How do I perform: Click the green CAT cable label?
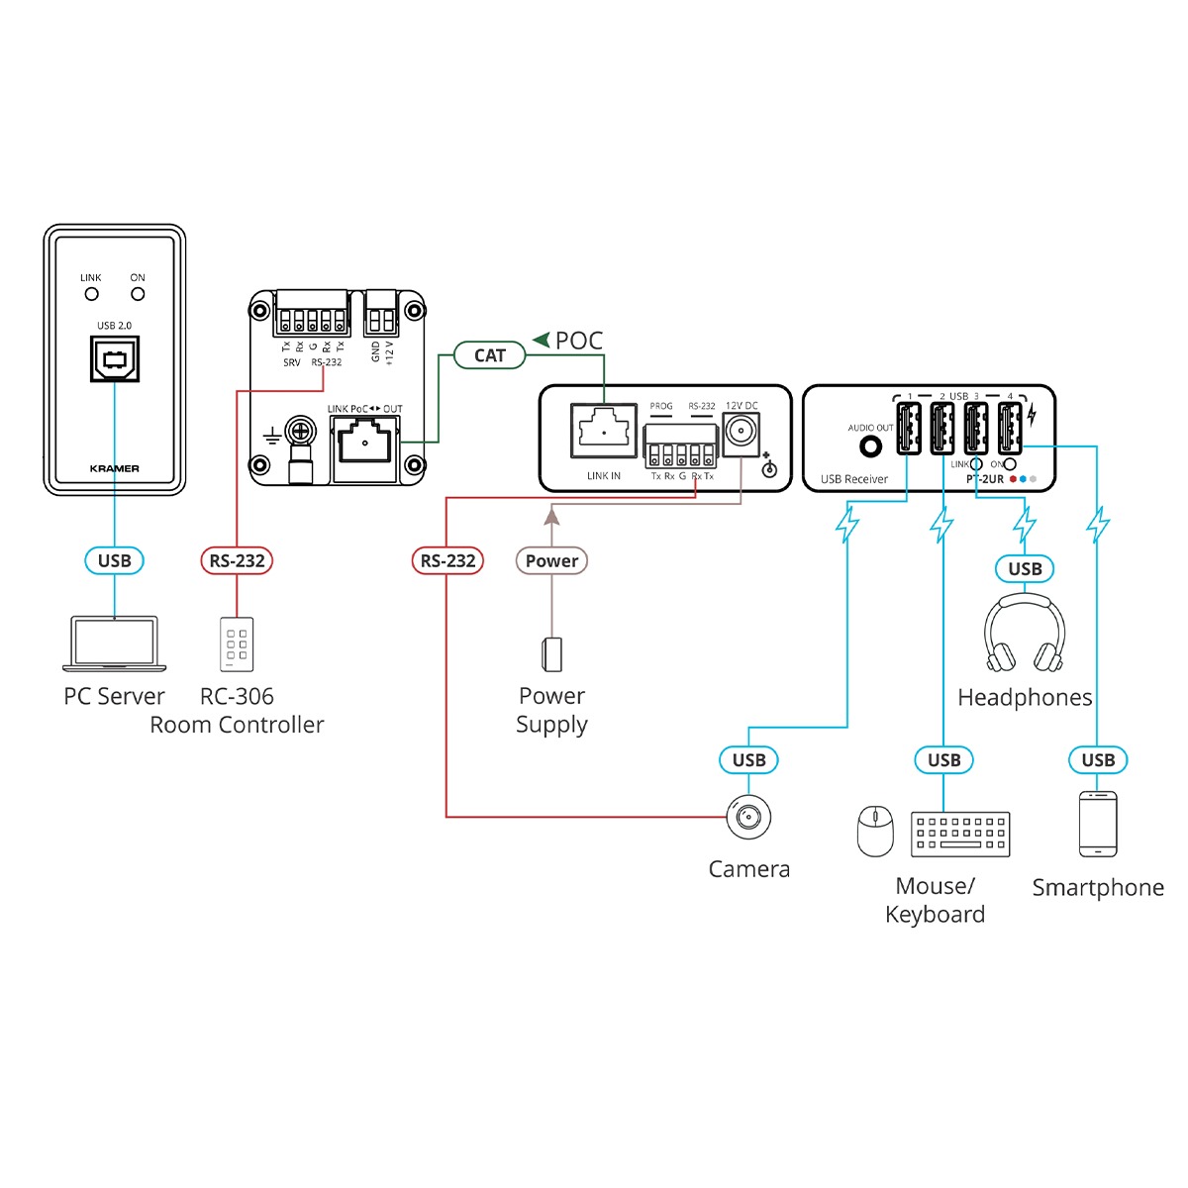click(489, 355)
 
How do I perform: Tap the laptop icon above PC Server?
click(115, 644)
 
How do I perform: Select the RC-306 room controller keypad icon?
click(237, 644)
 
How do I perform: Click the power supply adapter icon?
click(551, 653)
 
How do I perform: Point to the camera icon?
click(748, 818)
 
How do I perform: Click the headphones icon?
click(1025, 635)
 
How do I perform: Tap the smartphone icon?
click(1098, 824)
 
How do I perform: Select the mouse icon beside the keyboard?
click(875, 831)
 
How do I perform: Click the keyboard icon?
click(960, 834)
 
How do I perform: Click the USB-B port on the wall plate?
click(115, 358)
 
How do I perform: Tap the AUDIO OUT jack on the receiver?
click(871, 446)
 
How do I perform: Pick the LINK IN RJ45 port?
click(604, 432)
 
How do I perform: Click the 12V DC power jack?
click(741, 433)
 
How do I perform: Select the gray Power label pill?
click(551, 561)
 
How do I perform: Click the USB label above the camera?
click(748, 760)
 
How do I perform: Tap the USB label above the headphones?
click(1025, 569)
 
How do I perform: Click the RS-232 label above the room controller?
click(237, 561)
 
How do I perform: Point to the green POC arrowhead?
click(542, 341)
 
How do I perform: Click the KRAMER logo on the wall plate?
click(115, 468)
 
